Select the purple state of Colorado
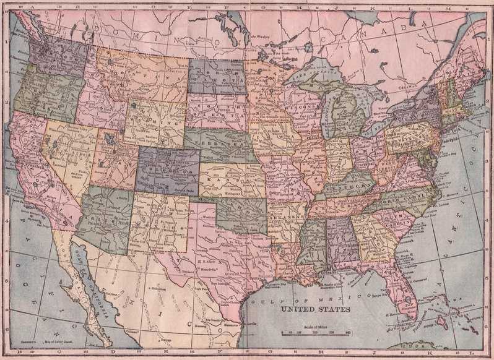coord(168,170)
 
